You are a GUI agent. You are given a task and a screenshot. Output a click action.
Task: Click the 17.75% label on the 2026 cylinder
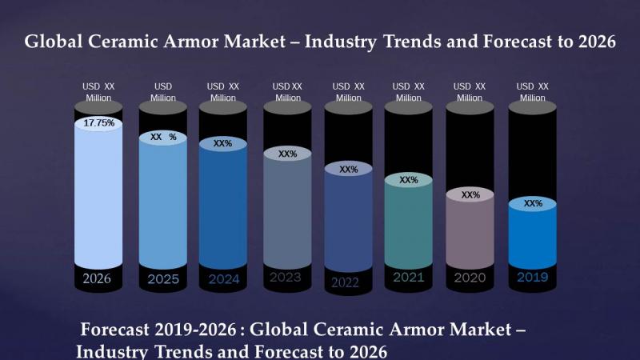coord(98,123)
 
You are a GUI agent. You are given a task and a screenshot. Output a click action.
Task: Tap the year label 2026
coord(98,278)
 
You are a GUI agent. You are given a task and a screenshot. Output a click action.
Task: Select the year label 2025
coord(163,279)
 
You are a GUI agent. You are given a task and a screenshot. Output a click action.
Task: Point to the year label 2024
coord(223,279)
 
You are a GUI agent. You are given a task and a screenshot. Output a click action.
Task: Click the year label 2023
coord(286,278)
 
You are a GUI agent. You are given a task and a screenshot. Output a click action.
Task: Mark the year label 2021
coord(408,278)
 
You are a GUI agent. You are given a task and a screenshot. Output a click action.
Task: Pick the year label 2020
coord(470,278)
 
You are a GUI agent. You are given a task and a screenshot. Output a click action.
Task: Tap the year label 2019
coord(532,278)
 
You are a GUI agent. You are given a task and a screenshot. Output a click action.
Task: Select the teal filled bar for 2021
coord(408,224)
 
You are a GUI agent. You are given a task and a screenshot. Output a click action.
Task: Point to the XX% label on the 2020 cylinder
coord(470,194)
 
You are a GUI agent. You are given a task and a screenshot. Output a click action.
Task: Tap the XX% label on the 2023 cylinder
coord(287,154)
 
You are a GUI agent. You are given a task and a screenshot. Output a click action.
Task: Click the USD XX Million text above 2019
coord(532,92)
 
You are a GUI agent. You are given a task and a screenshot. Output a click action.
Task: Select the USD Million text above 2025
coord(163,92)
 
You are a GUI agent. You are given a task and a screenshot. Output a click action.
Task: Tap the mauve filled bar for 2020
coord(470,232)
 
